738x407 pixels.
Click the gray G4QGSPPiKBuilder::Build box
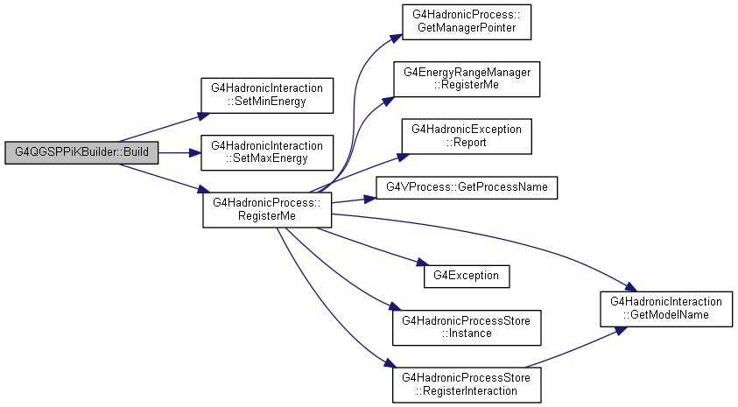click(81, 152)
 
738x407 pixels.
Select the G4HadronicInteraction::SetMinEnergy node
click(267, 95)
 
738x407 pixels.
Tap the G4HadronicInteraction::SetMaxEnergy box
click(267, 153)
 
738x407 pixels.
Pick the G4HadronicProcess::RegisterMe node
click(267, 210)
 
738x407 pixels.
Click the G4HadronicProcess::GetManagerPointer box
click(467, 22)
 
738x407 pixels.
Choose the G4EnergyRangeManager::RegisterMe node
click(467, 79)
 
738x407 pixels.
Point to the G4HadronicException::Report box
click(467, 137)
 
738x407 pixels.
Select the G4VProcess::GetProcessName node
click(467, 187)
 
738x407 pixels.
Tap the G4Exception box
click(467, 277)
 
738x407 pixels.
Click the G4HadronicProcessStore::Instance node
click(467, 327)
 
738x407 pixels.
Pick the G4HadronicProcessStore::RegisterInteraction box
click(467, 385)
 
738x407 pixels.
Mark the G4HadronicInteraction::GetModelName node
click(666, 309)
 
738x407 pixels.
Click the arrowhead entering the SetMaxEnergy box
click(195, 153)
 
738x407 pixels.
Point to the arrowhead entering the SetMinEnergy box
click(204, 116)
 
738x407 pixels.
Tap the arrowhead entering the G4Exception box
click(423, 263)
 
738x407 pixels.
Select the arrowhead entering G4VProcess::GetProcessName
click(370, 200)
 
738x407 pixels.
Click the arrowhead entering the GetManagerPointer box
click(397, 39)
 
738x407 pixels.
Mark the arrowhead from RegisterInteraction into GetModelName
click(621, 331)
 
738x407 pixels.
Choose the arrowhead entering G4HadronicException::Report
click(403, 158)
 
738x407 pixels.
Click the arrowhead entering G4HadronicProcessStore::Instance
click(395, 306)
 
